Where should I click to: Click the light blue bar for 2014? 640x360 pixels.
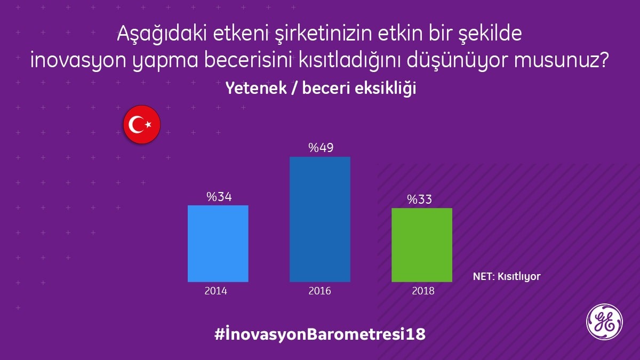218,243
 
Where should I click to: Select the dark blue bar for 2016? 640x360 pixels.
320,219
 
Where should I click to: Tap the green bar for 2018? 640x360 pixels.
422,245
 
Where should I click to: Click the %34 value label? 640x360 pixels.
219,197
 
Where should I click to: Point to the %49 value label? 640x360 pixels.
321,148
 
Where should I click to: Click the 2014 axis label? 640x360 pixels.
215,291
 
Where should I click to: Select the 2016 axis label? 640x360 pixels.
319,291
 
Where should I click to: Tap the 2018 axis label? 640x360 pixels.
423,291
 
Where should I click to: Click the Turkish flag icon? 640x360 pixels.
142,124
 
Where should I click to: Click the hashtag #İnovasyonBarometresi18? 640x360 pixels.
320,335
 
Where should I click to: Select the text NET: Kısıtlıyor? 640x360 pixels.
507,277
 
